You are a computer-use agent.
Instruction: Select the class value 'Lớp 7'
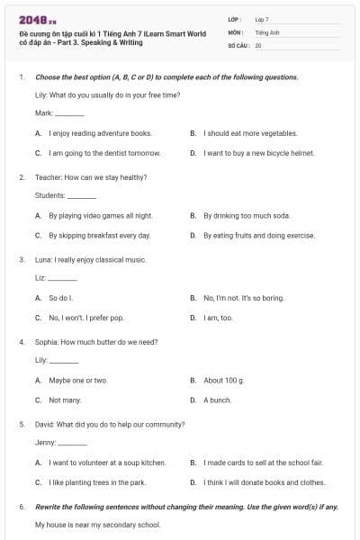coord(262,19)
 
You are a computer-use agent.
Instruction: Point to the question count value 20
coord(258,44)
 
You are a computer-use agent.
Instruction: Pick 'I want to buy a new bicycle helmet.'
coord(258,153)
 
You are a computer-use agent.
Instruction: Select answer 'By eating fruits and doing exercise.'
coord(259,236)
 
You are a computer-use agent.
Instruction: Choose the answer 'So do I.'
coord(60,298)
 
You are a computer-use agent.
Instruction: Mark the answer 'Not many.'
coord(65,400)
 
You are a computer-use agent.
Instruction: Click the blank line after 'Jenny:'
coord(73,444)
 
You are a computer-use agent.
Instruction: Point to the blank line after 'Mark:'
coord(69,114)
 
